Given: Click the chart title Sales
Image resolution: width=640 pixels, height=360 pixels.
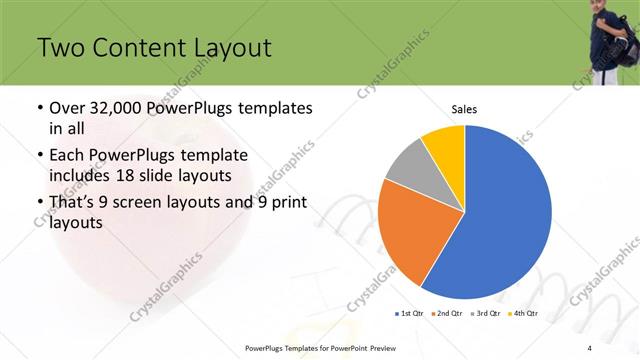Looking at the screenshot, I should pyautogui.click(x=465, y=108).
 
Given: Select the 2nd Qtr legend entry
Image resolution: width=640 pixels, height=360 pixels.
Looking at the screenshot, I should pyautogui.click(x=445, y=313).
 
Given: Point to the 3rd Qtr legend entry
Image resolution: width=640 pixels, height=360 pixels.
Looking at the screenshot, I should pyautogui.click(x=485, y=313).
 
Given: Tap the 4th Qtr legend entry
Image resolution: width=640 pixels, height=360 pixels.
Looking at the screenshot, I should pyautogui.click(x=524, y=313).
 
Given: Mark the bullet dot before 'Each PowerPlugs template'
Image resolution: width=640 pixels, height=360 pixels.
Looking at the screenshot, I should pyautogui.click(x=39, y=156).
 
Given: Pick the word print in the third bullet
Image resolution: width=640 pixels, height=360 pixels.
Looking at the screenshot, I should pyautogui.click(x=286, y=203).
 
